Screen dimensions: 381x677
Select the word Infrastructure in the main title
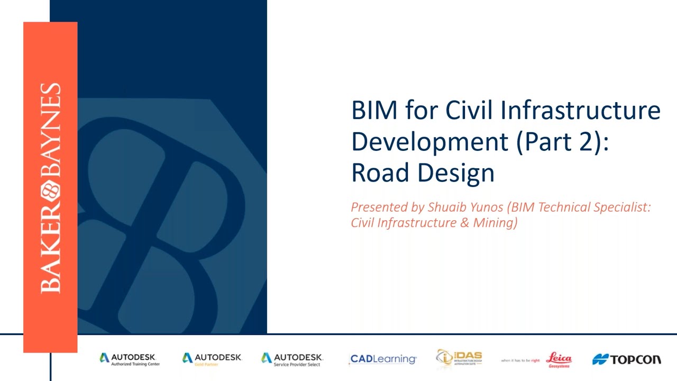pyautogui.click(x=580, y=111)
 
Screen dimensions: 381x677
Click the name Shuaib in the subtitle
pyautogui.click(x=446, y=207)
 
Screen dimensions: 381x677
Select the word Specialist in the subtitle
pyautogui.click(x=621, y=207)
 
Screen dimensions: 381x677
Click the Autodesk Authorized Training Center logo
pyautogui.click(x=130, y=359)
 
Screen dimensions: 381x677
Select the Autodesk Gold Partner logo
pyautogui.click(x=212, y=359)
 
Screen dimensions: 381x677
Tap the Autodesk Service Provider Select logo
pyautogui.click(x=292, y=359)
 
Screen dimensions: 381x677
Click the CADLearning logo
pyautogui.click(x=383, y=359)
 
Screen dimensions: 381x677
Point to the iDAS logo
pyautogui.click(x=459, y=358)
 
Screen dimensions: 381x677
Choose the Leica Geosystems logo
pyautogui.click(x=558, y=359)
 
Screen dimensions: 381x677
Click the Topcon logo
pyautogui.click(x=627, y=360)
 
